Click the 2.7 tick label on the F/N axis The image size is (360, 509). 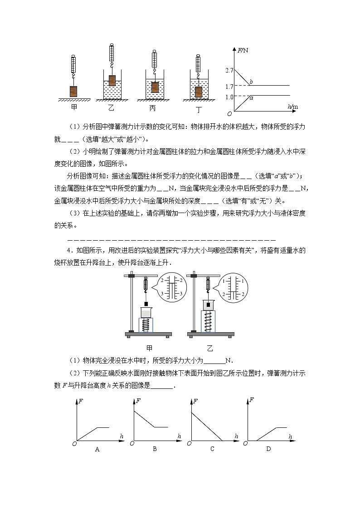click(229, 71)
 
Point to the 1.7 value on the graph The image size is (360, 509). click(229, 86)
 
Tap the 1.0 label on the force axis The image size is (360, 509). click(229, 97)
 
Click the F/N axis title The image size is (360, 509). click(243, 50)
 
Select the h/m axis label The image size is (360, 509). click(293, 107)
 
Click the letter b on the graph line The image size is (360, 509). click(251, 82)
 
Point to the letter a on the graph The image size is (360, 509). click(251, 98)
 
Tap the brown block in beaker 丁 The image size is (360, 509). click(198, 92)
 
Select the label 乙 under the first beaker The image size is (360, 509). click(112, 108)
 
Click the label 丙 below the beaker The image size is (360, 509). click(155, 109)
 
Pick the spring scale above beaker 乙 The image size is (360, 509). click(112, 54)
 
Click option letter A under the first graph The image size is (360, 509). click(97, 449)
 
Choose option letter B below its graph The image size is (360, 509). click(155, 449)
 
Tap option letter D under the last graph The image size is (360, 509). click(268, 449)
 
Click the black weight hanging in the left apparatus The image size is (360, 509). click(146, 304)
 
